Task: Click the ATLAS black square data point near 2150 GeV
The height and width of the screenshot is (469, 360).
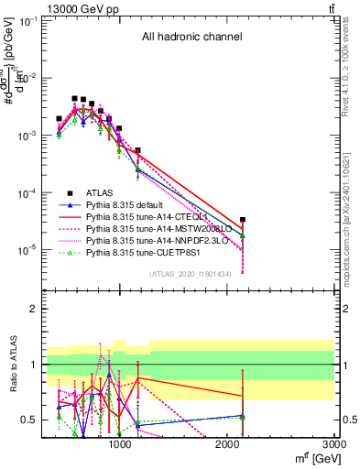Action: pos(242,220)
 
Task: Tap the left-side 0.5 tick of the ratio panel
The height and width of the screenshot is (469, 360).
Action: pos(29,420)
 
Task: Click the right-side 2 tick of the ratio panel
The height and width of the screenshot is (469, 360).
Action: pos(345,309)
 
